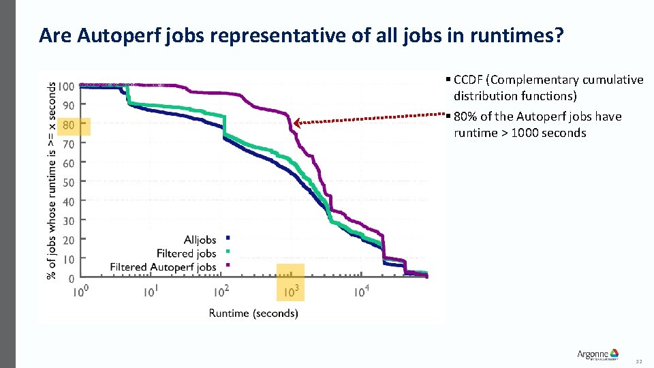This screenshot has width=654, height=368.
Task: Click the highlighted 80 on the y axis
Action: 69,125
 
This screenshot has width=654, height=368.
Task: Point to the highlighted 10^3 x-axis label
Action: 292,291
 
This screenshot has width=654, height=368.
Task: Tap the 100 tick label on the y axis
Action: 66,87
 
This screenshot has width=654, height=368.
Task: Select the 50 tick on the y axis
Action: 69,183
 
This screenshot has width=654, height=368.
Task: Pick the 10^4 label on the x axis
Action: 362,291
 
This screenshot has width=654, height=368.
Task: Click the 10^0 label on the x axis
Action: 80,291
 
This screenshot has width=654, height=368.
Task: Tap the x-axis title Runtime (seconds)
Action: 253,313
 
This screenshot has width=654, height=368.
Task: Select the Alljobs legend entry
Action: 200,240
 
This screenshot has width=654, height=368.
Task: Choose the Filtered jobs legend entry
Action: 186,254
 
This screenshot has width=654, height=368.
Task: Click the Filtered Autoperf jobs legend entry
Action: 163,267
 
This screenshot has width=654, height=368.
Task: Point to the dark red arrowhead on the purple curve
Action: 296,123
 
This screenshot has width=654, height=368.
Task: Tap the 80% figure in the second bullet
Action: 467,117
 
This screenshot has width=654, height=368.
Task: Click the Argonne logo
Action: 597,354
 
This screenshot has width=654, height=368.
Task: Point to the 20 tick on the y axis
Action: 69,241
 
